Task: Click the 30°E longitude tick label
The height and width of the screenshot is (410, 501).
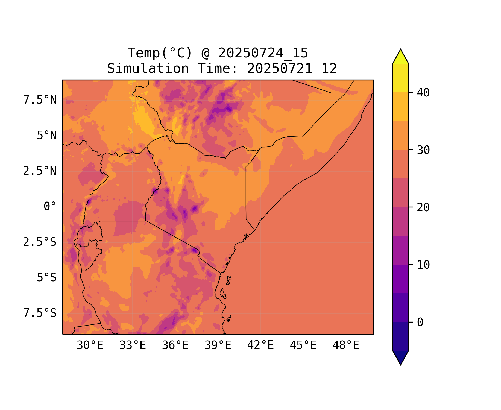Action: tap(90, 345)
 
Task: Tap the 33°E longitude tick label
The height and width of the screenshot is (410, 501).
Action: tap(133, 345)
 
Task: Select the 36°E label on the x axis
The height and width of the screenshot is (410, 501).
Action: tap(175, 345)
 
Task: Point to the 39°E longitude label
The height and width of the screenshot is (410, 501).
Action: tap(218, 345)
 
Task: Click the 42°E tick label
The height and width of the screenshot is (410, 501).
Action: tap(260, 345)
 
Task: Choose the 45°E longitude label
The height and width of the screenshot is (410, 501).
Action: tap(303, 345)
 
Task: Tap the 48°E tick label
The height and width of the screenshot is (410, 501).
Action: tap(346, 345)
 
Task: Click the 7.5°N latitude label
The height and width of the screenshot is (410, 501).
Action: tap(40, 100)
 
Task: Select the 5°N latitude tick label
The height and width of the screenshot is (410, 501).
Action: tap(47, 136)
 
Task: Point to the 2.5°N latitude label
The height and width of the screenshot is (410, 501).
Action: tap(40, 171)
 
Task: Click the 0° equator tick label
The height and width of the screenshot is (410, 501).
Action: tap(50, 206)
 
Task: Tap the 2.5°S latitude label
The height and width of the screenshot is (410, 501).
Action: tap(40, 242)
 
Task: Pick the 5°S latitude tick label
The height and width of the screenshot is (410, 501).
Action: tap(47, 277)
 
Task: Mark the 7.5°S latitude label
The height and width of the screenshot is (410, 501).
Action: tap(40, 313)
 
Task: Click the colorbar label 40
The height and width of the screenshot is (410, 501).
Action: tap(423, 93)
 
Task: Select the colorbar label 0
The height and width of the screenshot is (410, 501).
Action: tap(420, 323)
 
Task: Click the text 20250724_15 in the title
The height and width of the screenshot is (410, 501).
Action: tap(263, 53)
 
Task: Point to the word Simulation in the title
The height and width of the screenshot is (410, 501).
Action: tap(148, 69)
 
